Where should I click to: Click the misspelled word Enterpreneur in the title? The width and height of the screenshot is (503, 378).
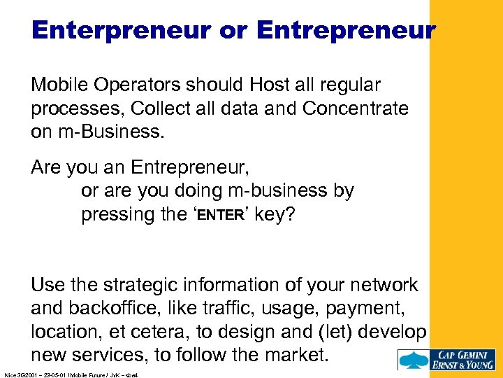[x=119, y=30]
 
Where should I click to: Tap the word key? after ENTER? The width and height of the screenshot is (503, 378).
[x=275, y=214]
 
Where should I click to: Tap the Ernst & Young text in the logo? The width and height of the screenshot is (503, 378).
[x=462, y=364]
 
